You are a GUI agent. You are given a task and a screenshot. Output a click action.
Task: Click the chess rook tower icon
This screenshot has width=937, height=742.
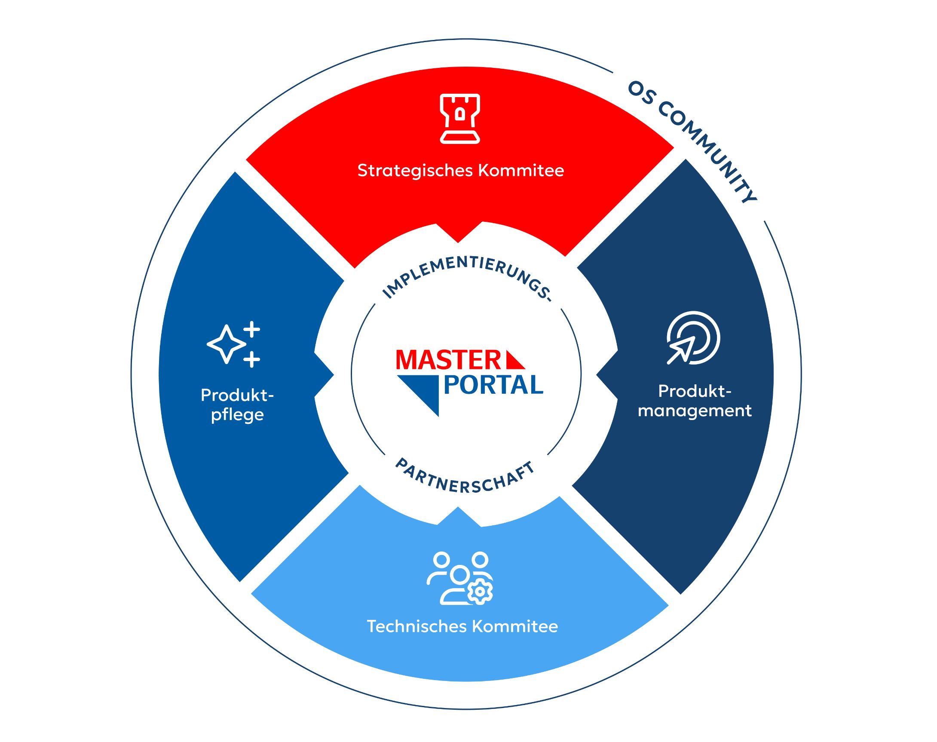pyautogui.click(x=459, y=118)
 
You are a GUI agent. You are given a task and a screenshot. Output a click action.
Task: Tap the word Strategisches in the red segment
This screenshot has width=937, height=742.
pyautogui.click(x=415, y=171)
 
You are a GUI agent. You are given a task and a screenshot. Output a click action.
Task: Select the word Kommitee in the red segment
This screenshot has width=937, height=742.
pyautogui.click(x=521, y=170)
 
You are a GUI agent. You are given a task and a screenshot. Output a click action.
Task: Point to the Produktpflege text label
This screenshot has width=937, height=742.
pyautogui.click(x=237, y=405)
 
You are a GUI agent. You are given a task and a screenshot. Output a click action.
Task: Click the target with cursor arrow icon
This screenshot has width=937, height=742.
pyautogui.click(x=693, y=338)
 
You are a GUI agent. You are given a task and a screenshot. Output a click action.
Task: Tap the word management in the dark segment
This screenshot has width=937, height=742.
pyautogui.click(x=694, y=411)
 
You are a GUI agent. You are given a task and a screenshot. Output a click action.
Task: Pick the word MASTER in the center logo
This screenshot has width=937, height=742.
pyautogui.click(x=448, y=360)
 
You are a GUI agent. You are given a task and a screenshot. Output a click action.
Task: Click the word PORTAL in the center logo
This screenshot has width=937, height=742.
pyautogui.click(x=493, y=385)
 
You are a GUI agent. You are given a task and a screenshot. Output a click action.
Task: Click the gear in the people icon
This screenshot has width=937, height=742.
pyautogui.click(x=480, y=591)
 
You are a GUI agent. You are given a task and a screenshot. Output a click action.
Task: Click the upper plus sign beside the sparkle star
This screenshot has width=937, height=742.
pyautogui.click(x=251, y=329)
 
